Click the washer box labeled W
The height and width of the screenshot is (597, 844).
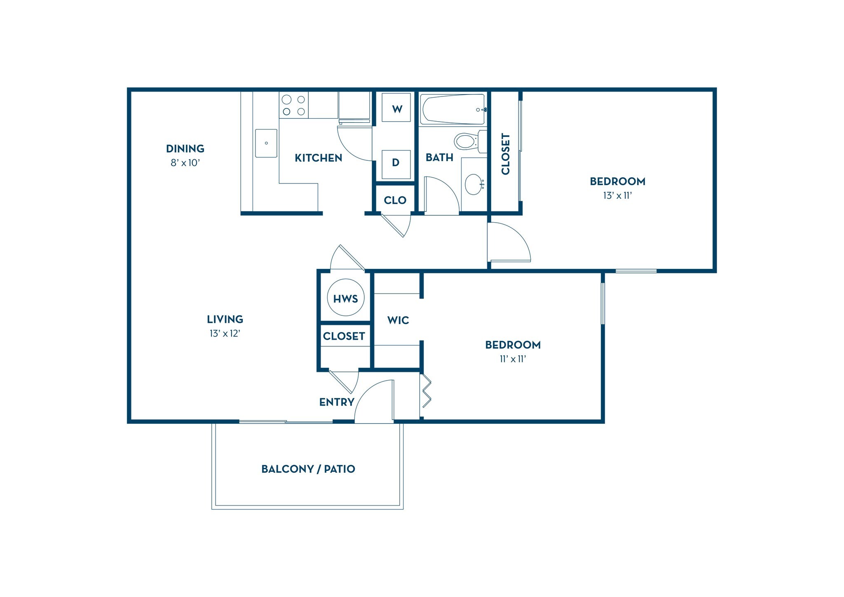point(396,108)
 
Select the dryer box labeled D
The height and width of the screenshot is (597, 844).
point(396,164)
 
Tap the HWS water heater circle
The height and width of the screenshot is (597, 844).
point(345,298)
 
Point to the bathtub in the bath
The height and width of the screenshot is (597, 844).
point(452,110)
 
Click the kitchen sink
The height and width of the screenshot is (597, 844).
point(266,143)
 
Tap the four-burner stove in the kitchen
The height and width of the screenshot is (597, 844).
point(293,105)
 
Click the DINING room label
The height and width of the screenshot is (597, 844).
point(185,148)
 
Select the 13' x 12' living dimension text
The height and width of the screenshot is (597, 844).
point(225,334)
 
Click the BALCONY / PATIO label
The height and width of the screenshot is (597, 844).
point(308,469)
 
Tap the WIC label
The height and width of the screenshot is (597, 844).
point(398,320)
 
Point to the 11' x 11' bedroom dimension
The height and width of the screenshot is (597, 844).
point(513,359)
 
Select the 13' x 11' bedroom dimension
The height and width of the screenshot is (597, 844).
point(617,196)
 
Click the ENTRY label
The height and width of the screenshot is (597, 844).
point(337,402)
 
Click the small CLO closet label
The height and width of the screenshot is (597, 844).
point(395,200)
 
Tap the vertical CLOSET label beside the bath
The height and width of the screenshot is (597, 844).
point(506,154)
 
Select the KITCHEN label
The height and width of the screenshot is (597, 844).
point(318,158)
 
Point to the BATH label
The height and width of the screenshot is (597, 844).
point(439,157)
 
